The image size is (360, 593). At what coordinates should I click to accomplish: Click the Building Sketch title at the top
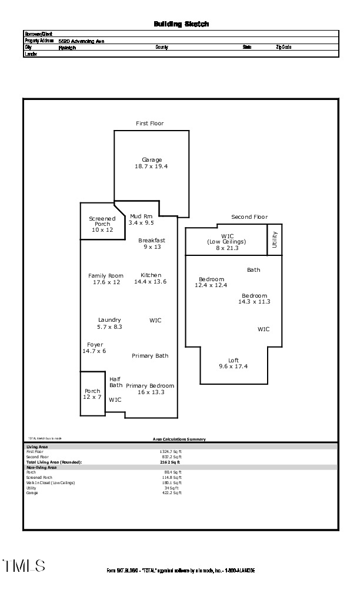tap(181, 24)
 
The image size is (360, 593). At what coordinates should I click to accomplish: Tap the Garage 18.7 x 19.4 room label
tap(151, 163)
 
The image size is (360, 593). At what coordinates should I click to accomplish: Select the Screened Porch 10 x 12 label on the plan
tap(102, 224)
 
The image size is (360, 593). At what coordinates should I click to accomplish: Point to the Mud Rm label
tap(141, 216)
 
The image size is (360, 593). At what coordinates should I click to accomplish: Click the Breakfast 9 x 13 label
tap(152, 244)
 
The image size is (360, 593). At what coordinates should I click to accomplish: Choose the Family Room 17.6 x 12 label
tap(106, 279)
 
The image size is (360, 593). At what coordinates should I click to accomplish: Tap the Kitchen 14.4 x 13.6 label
tap(151, 279)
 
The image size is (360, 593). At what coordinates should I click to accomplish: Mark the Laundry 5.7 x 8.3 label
tap(109, 323)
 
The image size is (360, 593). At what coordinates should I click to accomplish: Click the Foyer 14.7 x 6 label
tap(94, 348)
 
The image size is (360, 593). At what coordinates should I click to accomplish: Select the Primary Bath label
tap(150, 356)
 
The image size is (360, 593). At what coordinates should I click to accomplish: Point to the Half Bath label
tap(116, 382)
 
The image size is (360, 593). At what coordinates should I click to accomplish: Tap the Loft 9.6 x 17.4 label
tap(234, 364)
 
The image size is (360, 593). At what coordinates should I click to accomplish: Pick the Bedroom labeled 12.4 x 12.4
tap(211, 282)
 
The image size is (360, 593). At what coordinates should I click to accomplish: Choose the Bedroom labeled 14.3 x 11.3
tap(254, 299)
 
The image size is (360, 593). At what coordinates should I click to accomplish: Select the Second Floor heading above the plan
tap(249, 217)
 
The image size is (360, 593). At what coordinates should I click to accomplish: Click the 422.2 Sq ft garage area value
tap(172, 493)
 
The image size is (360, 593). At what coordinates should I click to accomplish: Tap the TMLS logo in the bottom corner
tap(24, 566)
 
